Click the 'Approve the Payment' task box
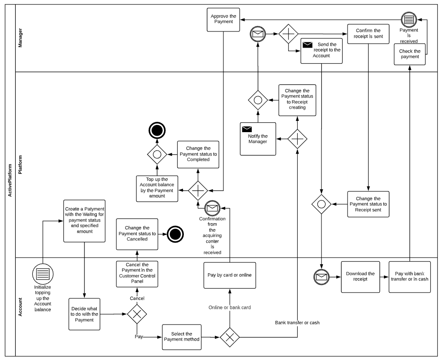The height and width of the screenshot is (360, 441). (x=223, y=20)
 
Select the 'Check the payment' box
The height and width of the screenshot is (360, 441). (x=410, y=54)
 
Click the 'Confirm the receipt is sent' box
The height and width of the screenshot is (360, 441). (x=368, y=33)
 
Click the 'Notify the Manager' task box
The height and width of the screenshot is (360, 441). (x=258, y=138)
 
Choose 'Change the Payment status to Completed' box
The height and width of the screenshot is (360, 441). (x=198, y=154)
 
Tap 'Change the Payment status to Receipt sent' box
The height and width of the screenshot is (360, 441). (x=368, y=204)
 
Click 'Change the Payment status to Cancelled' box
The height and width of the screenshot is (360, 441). (x=137, y=234)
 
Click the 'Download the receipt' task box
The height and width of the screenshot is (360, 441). (x=360, y=276)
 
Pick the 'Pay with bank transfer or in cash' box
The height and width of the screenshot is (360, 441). (x=410, y=276)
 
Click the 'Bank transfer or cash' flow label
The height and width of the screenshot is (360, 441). (x=298, y=323)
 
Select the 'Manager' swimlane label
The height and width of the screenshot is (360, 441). (x=21, y=38)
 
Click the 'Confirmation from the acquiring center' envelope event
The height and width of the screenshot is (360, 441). (x=212, y=208)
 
